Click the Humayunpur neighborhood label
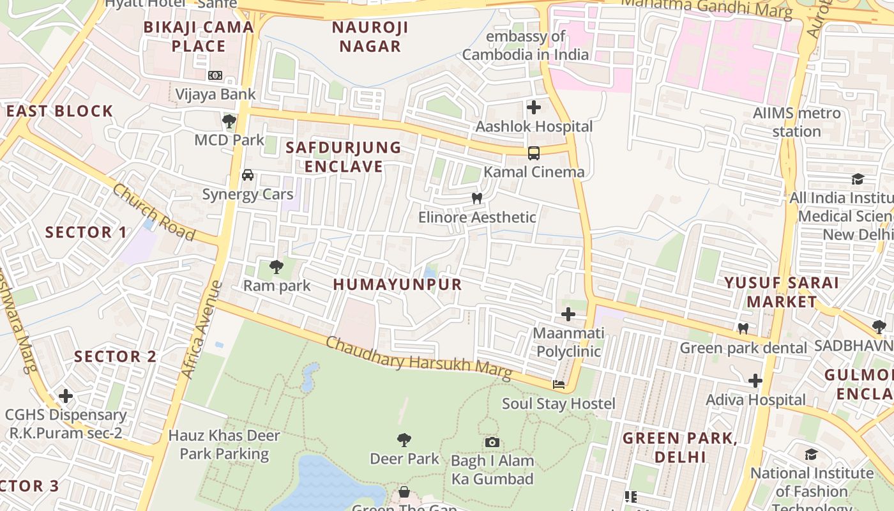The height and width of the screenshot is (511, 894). pyautogui.click(x=397, y=285)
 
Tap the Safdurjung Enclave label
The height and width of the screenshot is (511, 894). pyautogui.click(x=344, y=157)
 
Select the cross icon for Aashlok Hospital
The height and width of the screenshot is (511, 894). pyautogui.click(x=534, y=107)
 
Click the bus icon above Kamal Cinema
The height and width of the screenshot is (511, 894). pyautogui.click(x=534, y=153)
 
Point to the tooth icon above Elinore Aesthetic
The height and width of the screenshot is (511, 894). pyautogui.click(x=476, y=198)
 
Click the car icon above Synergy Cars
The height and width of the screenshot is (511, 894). pyautogui.click(x=248, y=175)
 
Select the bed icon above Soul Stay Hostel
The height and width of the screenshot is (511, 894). pyautogui.click(x=559, y=385)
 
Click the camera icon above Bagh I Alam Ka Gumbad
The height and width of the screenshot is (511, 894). pyautogui.click(x=492, y=442)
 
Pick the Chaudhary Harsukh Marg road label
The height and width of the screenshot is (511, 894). pyautogui.click(x=418, y=358)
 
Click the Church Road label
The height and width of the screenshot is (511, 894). pyautogui.click(x=154, y=212)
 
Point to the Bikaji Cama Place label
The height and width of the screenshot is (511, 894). pyautogui.click(x=199, y=36)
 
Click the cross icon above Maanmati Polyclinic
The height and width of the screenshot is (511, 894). pyautogui.click(x=568, y=314)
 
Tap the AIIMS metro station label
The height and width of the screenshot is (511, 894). pyautogui.click(x=796, y=123)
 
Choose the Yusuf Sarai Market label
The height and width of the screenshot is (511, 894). pyautogui.click(x=782, y=292)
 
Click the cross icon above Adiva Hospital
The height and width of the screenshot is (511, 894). pyautogui.click(x=755, y=381)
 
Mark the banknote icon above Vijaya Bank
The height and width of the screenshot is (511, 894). pyautogui.click(x=215, y=75)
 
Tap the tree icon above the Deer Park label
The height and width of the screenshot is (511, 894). pyautogui.click(x=404, y=439)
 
